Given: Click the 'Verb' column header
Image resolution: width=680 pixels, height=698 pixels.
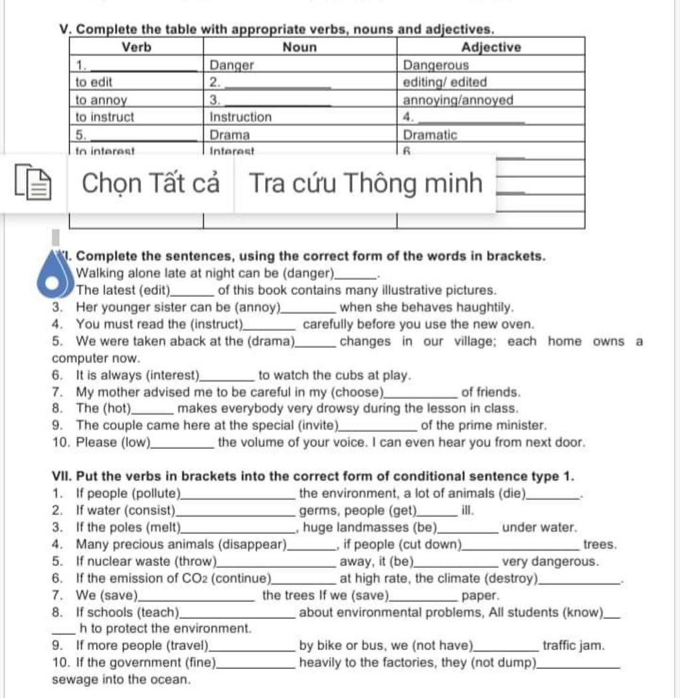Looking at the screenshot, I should tap(137, 47).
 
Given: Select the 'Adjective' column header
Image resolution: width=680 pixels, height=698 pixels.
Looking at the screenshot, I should tap(491, 47).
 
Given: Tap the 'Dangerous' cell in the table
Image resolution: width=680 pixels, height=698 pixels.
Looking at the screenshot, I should tap(436, 65).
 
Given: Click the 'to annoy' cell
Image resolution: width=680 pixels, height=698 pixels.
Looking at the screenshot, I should tap(101, 100).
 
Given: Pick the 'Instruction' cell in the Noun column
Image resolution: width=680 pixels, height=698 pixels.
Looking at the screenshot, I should tap(240, 117).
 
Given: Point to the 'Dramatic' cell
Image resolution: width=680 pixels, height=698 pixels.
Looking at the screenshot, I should tap(430, 134).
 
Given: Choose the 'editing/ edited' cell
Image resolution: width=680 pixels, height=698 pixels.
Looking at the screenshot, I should tap(445, 82).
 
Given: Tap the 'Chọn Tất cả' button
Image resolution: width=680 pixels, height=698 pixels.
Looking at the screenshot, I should tap(150, 183).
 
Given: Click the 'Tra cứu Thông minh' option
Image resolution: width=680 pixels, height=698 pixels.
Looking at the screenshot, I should tap(366, 183).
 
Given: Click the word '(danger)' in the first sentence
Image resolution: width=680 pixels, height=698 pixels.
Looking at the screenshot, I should tap(309, 273).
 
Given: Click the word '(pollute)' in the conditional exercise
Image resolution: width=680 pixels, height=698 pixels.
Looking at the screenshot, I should tap(157, 493).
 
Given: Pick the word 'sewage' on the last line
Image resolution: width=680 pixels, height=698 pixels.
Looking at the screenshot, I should tap(73, 679).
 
